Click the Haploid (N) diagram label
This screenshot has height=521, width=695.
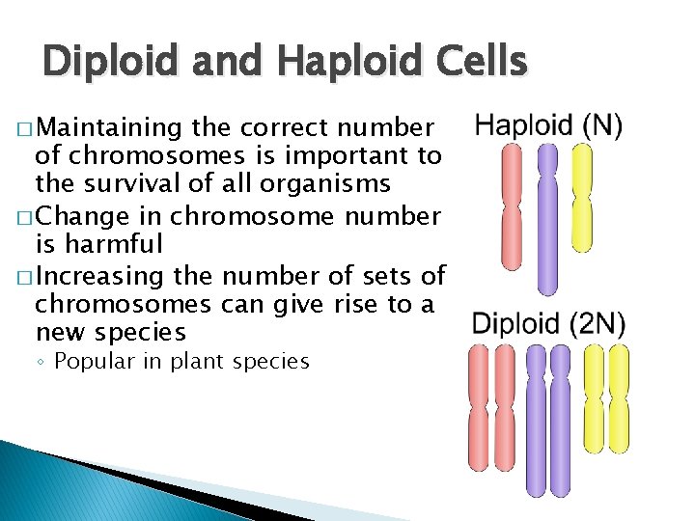click(547, 124)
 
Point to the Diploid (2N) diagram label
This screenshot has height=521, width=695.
click(547, 324)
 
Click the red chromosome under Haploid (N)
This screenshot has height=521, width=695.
click(512, 206)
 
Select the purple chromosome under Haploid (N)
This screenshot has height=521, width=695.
click(547, 218)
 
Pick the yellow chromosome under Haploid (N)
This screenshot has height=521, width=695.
click(582, 197)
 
